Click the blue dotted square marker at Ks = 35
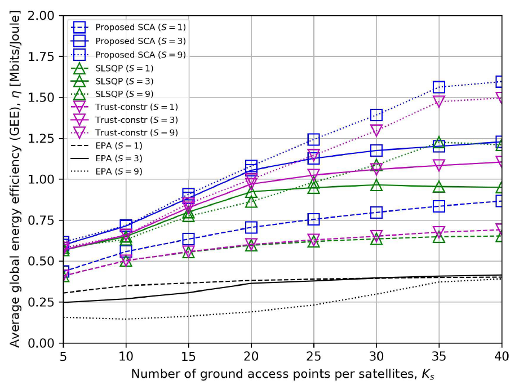tap(439, 87)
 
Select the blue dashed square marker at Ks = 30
tap(376, 213)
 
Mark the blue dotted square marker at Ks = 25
tap(313, 139)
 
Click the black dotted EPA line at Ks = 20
tap(251, 312)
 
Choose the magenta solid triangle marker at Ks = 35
tap(439, 166)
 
